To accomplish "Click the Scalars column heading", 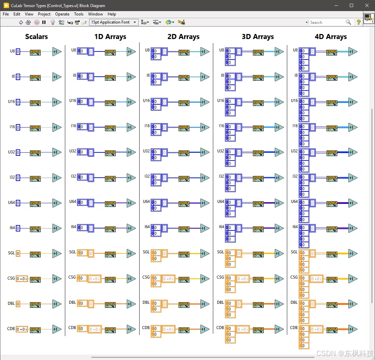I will [x=36, y=37].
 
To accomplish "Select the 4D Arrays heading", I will [x=330, y=37].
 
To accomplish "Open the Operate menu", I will [x=62, y=14].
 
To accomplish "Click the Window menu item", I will [x=96, y=14].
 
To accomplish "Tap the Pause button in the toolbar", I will [x=44, y=22].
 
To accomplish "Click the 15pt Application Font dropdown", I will [x=114, y=22].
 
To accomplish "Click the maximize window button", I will [x=351, y=5].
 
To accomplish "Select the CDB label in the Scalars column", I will [x=11, y=329].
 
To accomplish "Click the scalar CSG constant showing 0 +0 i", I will [x=22, y=279].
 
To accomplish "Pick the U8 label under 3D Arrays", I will [x=221, y=50].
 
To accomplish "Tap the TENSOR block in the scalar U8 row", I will [x=35, y=52].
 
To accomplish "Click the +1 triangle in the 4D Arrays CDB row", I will [x=352, y=329].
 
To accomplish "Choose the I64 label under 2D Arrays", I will [x=147, y=227].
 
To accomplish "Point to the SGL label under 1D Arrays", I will [x=73, y=252].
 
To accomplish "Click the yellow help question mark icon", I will [x=359, y=22].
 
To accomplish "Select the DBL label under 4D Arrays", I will [x=294, y=302].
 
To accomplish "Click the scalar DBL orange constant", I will [x=18, y=304].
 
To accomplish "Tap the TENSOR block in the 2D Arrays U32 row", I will [x=184, y=153].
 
